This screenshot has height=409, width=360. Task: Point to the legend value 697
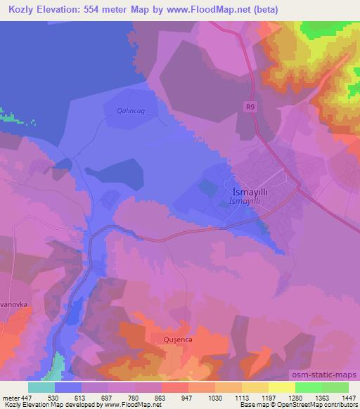pyautogui.click(x=109, y=397)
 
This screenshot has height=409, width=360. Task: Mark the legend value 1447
pyautogui.click(x=349, y=397)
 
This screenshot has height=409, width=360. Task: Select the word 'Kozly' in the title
pyautogui.click(x=21, y=10)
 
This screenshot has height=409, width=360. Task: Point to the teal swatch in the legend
pyautogui.click(x=41, y=387)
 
